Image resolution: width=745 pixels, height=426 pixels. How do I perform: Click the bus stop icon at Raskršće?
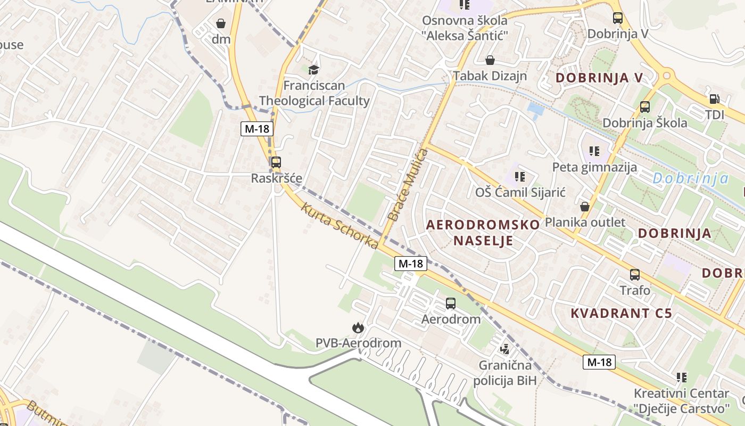[x=276, y=162]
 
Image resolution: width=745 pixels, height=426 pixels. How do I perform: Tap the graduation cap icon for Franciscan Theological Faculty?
[x=314, y=69]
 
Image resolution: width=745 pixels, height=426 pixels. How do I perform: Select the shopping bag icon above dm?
[x=221, y=23]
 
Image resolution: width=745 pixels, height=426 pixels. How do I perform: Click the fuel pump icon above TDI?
[x=714, y=99]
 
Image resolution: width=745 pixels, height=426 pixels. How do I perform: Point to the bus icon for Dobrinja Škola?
[x=645, y=107]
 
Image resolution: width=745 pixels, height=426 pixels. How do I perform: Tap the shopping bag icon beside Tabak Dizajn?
[x=490, y=60]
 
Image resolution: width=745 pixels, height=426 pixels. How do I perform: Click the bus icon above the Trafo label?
[x=635, y=275]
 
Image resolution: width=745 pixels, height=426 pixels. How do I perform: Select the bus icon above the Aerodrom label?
[x=451, y=304]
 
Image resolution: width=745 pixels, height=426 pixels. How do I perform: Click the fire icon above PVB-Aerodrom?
[x=358, y=327]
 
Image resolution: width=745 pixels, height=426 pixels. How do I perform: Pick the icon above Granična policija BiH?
[x=504, y=349]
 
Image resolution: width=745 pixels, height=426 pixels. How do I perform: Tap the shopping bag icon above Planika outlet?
[x=585, y=207]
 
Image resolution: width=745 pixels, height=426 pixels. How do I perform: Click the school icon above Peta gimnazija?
[x=594, y=151]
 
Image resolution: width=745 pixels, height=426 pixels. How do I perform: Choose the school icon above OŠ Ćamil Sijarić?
[x=520, y=176]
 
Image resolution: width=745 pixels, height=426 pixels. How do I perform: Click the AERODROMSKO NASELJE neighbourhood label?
[x=483, y=232]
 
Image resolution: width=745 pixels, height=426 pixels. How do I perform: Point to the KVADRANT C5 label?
[x=621, y=313]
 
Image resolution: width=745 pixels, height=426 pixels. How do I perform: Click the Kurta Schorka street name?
[x=340, y=226]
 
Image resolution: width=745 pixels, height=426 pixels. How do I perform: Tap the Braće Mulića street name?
[x=408, y=185]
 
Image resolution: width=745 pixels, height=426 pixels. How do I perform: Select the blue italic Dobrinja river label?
[x=691, y=178]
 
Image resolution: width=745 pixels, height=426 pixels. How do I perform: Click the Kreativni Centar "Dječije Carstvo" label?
[x=681, y=401]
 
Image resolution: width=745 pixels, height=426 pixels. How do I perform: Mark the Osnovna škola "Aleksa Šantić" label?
[x=465, y=28]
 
